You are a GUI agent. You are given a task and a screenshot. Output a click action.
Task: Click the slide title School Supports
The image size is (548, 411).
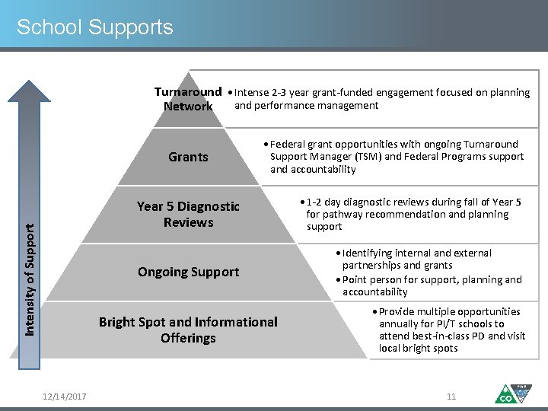pos(95,28)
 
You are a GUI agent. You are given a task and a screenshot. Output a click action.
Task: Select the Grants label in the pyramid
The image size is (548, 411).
pos(188,157)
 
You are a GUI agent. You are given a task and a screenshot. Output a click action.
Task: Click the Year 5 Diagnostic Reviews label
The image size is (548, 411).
pos(188,214)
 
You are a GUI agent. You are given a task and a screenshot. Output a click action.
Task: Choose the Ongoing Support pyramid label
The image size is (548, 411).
pos(188,272)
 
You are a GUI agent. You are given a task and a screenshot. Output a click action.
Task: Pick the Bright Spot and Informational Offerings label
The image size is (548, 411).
pos(188,330)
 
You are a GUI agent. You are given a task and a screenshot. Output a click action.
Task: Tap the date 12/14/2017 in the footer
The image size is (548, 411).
pos(65,397)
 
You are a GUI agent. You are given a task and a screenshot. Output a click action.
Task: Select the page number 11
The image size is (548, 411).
pos(451,397)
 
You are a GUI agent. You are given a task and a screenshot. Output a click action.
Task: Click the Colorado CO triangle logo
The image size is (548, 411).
pos(511,394)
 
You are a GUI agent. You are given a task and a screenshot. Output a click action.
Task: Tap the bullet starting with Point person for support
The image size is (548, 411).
pos(431,285)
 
